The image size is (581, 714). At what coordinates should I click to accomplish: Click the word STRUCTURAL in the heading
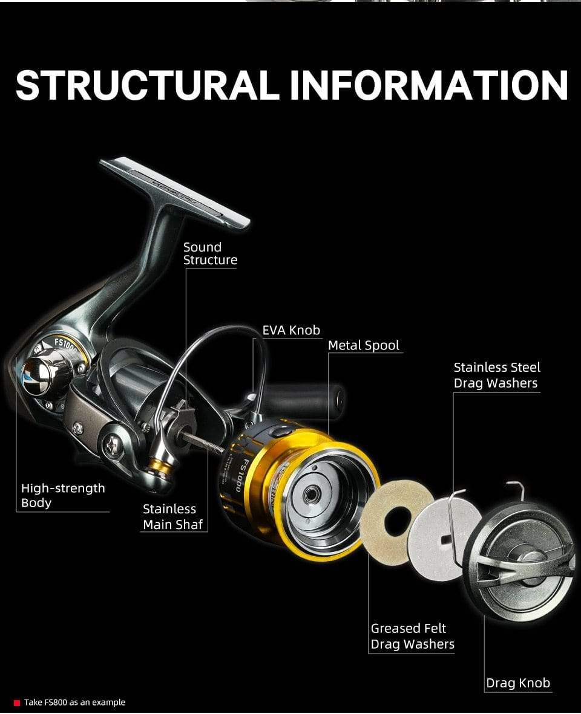pyautogui.click(x=148, y=85)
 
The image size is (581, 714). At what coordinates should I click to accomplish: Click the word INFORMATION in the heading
pyautogui.click(x=428, y=85)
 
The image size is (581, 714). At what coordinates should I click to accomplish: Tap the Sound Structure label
pyautogui.click(x=210, y=253)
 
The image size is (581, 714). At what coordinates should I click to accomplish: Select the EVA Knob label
pyautogui.click(x=290, y=330)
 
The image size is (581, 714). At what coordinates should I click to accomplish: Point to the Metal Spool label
pyautogui.click(x=364, y=345)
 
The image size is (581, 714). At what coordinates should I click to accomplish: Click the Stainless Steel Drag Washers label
pyautogui.click(x=496, y=375)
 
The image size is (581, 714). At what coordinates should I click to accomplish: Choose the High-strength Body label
pyautogui.click(x=62, y=495)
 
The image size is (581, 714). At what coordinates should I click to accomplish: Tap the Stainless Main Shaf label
pyautogui.click(x=172, y=517)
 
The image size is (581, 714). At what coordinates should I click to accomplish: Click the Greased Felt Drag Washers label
pyautogui.click(x=412, y=637)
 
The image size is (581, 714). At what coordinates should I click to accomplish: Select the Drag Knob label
pyautogui.click(x=518, y=683)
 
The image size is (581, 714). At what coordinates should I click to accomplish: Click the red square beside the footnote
pyautogui.click(x=17, y=703)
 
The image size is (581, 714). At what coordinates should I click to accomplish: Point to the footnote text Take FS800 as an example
pyautogui.click(x=74, y=703)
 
